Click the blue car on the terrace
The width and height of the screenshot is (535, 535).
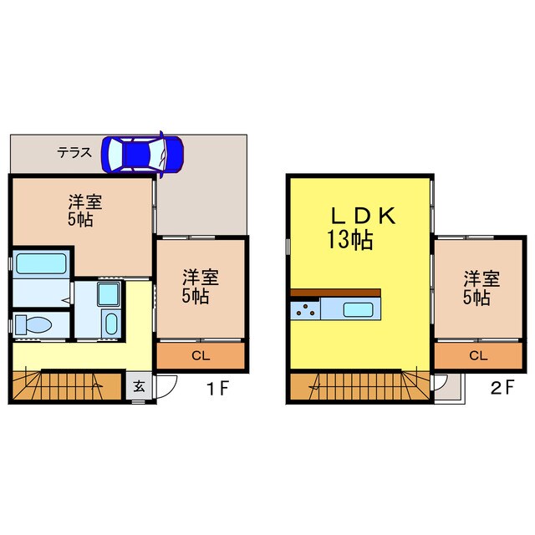click(x=142, y=154)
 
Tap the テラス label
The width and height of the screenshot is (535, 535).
click(x=74, y=153)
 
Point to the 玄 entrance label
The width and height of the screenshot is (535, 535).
click(x=139, y=387)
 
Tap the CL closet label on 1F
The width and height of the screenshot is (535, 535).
click(x=201, y=356)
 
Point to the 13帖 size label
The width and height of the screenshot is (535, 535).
click(x=349, y=242)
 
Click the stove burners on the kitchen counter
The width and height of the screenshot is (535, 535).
click(x=304, y=311)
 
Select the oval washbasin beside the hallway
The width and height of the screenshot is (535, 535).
click(x=110, y=324)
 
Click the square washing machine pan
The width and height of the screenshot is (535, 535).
click(x=109, y=294)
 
